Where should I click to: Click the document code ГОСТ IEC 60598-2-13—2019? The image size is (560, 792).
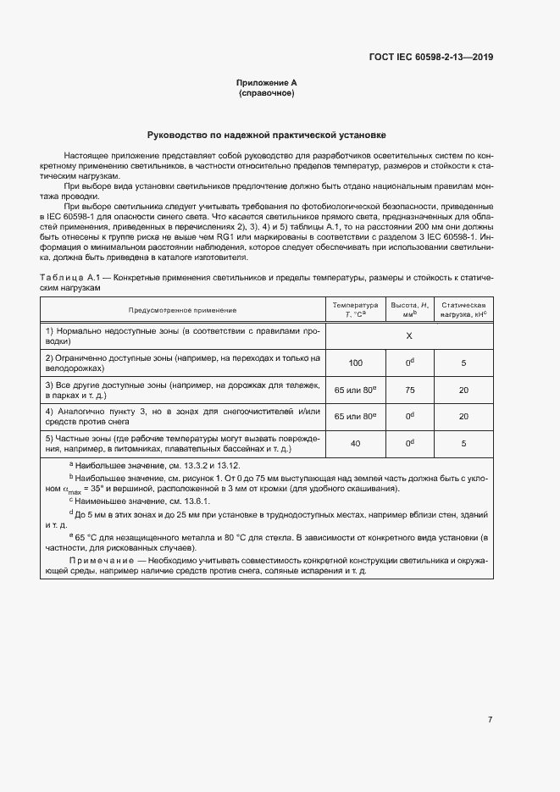[431, 58]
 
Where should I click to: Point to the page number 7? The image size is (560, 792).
[490, 695]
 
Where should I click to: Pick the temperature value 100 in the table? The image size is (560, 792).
[355, 363]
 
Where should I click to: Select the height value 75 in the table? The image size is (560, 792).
[409, 390]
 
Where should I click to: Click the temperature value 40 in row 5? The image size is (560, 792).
[355, 443]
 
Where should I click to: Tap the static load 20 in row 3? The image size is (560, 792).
[463, 390]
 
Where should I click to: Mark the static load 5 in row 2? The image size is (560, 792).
[463, 363]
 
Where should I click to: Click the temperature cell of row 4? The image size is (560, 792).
[355, 417]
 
